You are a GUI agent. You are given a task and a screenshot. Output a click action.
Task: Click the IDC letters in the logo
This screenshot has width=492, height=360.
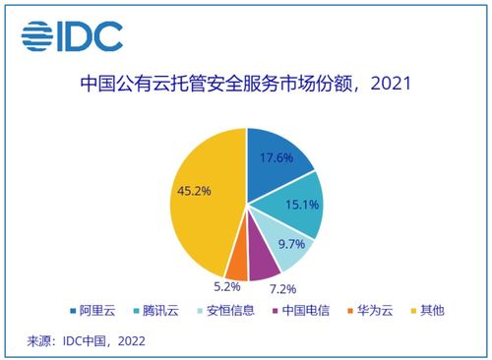tap(92, 35)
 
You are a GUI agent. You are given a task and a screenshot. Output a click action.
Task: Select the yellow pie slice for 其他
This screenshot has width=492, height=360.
tap(202, 211)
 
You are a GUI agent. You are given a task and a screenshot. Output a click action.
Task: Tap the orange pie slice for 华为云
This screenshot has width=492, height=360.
tap(237, 264)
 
